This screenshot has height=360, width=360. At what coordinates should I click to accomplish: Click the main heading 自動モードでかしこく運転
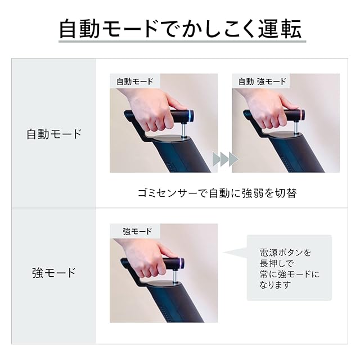tap(180, 29)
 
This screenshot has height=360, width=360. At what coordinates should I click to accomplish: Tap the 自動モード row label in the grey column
tap(54, 134)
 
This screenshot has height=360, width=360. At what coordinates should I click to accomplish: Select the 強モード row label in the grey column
tap(54, 273)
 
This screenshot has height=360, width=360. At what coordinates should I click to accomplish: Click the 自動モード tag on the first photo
tap(135, 81)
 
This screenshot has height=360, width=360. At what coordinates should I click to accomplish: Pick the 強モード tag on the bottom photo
tap(137, 231)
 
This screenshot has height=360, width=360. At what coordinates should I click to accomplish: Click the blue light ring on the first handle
tap(190, 115)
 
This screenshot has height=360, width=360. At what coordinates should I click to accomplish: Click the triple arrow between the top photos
tap(225, 159)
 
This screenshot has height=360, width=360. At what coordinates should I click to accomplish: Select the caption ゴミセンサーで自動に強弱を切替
tap(217, 193)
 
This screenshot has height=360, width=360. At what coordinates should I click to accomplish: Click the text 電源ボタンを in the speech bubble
tap(285, 253)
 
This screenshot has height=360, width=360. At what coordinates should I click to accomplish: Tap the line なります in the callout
tap(275, 285)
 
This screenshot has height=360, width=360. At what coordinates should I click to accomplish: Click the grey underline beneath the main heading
tap(182, 42)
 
